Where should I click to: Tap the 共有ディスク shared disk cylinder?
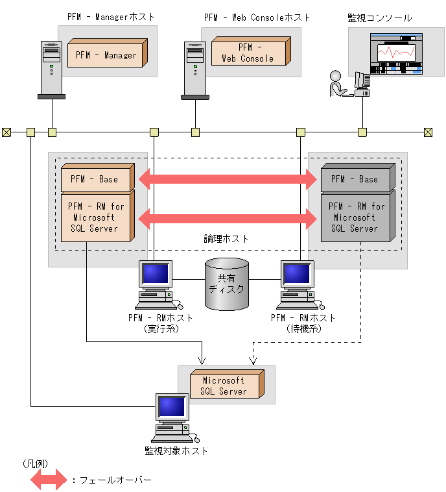click(227, 284)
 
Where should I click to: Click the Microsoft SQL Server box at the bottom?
click(225, 386)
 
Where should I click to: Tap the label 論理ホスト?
click(226, 240)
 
